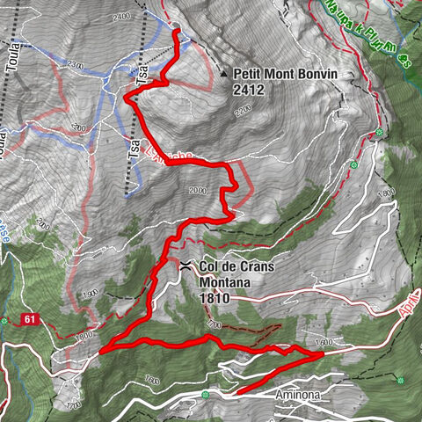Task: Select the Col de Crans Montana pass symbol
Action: [x=186, y=264]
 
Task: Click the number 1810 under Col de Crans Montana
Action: [x=215, y=298]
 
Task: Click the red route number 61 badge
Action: [x=30, y=317]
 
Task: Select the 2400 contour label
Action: [x=121, y=17]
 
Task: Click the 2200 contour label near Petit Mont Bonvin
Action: [x=244, y=110]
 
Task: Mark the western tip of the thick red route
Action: [x=101, y=351]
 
